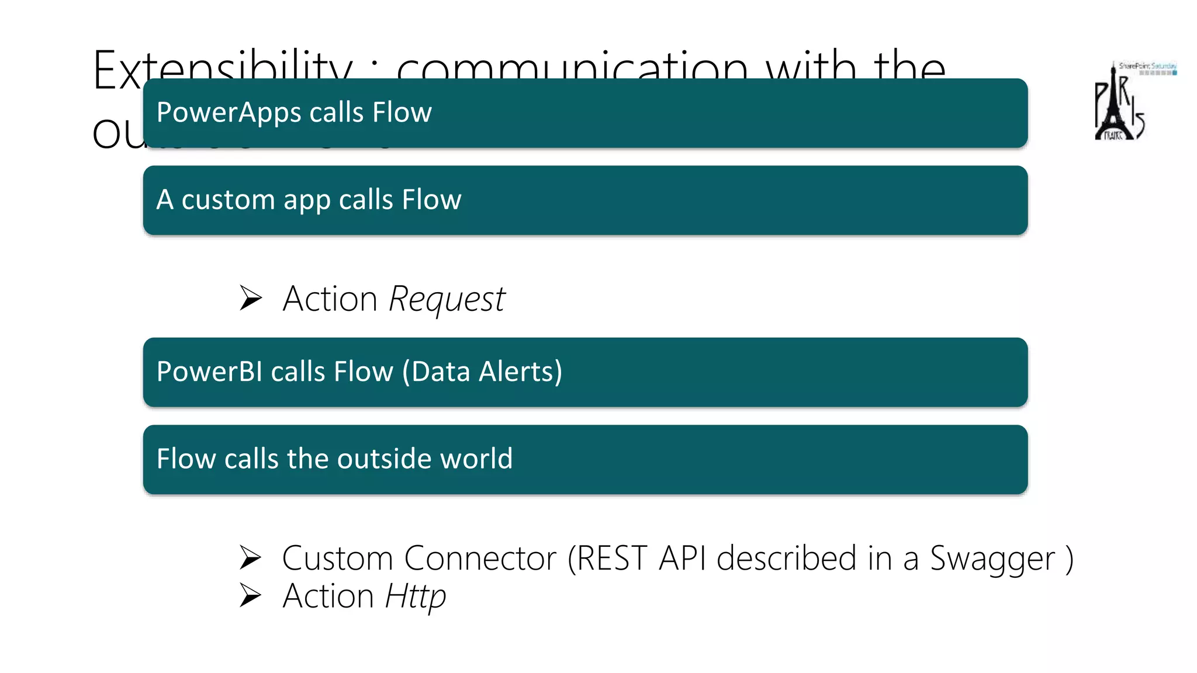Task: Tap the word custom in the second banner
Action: coord(228,200)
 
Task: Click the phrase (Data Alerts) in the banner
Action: coord(482,372)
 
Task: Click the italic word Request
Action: coord(447,300)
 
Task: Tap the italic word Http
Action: coord(416,596)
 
